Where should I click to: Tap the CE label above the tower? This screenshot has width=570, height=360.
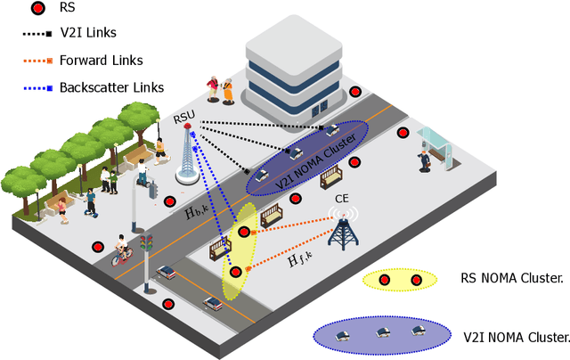(340, 199)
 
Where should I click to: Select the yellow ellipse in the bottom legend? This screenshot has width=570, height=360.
(400, 280)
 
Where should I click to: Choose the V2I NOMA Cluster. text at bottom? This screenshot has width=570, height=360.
(517, 338)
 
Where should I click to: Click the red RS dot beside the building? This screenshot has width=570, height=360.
(355, 92)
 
